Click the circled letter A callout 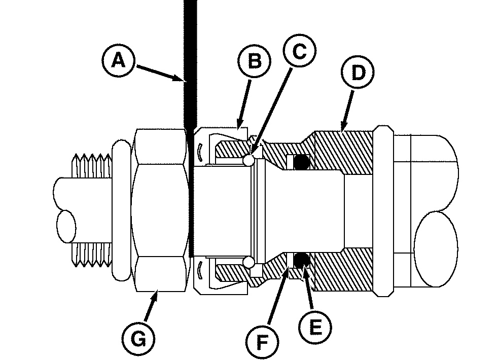[x=117, y=61]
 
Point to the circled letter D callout [x=358, y=73]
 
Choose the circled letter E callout [x=315, y=327]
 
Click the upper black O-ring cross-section [x=302, y=162]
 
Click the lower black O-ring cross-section [x=302, y=260]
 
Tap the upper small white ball [x=248, y=160]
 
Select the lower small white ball [x=248, y=263]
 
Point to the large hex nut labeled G [x=159, y=210]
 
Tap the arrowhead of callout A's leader [x=184, y=80]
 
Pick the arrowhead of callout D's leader [x=344, y=128]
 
